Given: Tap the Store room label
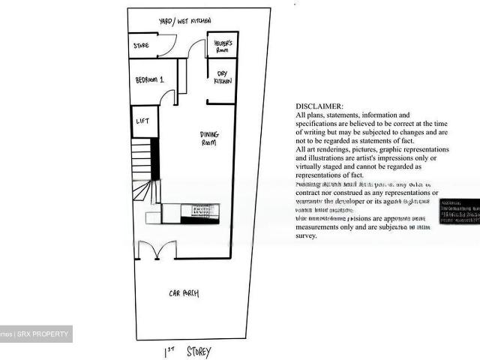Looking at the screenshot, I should coord(141,46).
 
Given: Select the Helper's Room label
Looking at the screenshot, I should coord(223,45).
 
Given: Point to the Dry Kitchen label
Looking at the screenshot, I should coord(223,77).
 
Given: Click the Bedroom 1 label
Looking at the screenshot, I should coord(150,80).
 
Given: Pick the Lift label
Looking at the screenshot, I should coord(141,121).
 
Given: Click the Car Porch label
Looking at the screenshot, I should coord(184,293).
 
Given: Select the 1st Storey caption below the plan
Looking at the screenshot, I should coord(187,351).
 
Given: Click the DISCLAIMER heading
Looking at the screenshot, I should coord(319,106).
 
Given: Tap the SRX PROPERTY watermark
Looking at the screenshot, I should coord(41,334).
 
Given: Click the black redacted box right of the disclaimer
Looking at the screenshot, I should coord(459,212).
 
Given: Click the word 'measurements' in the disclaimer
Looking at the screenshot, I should coord(322,227).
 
